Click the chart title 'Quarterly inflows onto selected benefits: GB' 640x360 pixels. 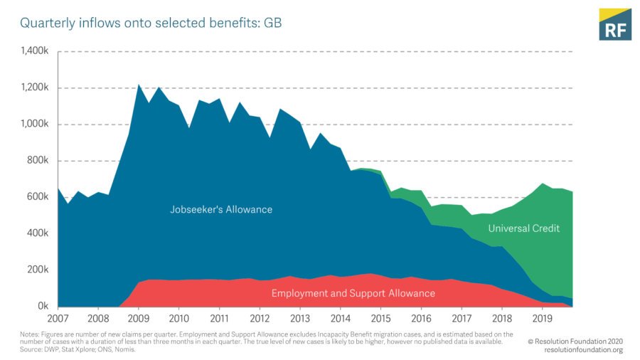(151, 23)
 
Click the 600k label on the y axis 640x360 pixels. (37, 197)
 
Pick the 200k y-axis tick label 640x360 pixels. (37, 270)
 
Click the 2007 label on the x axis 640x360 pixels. (58, 318)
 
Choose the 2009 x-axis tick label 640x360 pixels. (139, 318)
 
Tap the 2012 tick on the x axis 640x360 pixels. (260, 318)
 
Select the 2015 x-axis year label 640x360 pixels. (380, 318)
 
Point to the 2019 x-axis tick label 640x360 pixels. (543, 318)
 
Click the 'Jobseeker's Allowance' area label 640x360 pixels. (221, 210)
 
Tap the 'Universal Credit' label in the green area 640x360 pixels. (524, 228)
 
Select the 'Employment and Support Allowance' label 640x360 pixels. (353, 293)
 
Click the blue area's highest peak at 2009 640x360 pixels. (139, 85)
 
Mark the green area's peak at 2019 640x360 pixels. (543, 184)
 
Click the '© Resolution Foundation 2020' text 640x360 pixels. (575, 342)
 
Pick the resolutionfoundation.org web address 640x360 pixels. (583, 350)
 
